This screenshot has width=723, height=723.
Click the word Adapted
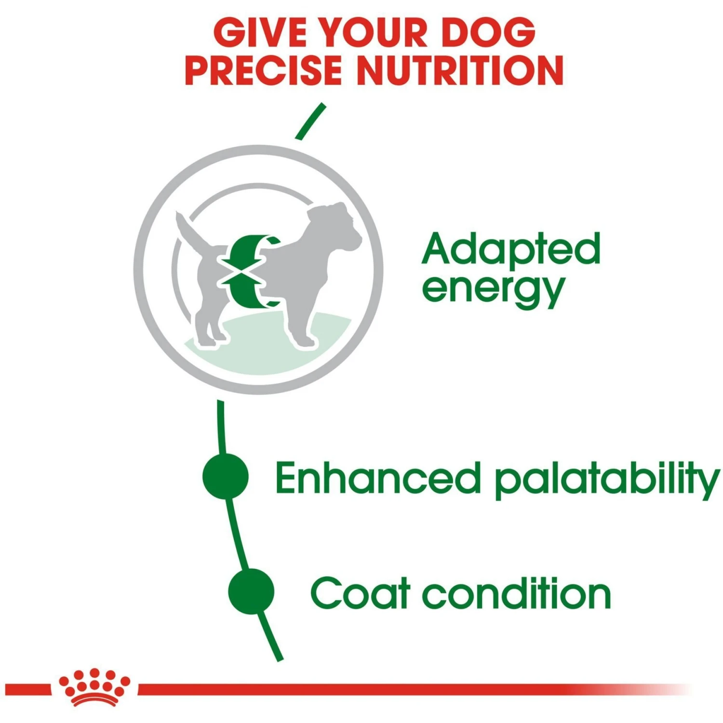coord(510,249)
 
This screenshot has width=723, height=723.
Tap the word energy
coord(493,290)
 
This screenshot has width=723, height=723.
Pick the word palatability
coord(606,480)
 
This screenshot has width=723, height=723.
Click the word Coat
coord(360,593)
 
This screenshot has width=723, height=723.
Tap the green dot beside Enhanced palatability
coord(226,476)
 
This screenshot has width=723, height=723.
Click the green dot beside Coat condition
coord(251,591)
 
